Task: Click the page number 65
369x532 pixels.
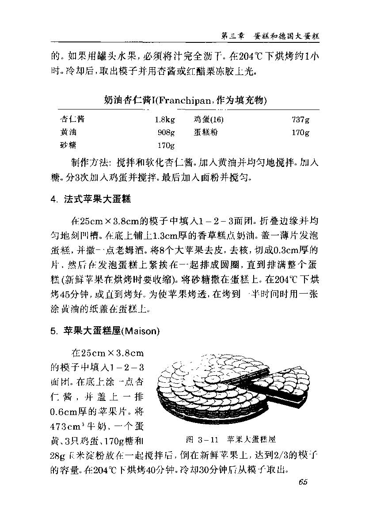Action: click(x=303, y=482)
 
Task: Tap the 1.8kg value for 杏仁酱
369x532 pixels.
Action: click(x=165, y=119)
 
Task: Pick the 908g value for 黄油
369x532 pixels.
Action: click(x=166, y=132)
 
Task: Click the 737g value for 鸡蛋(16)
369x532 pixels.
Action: click(x=301, y=119)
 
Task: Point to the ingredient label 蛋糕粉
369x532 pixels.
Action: click(x=205, y=132)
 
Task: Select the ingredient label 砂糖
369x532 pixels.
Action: click(x=68, y=145)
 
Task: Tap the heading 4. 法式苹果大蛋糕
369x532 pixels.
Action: click(x=90, y=199)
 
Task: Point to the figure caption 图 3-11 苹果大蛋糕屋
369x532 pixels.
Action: click(x=231, y=439)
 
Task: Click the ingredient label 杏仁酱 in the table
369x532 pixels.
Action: click(x=72, y=119)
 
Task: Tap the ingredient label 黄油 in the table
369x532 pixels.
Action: click(x=68, y=132)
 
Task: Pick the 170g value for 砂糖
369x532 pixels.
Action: click(x=166, y=145)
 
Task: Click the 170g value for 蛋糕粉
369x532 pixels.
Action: click(x=301, y=132)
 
